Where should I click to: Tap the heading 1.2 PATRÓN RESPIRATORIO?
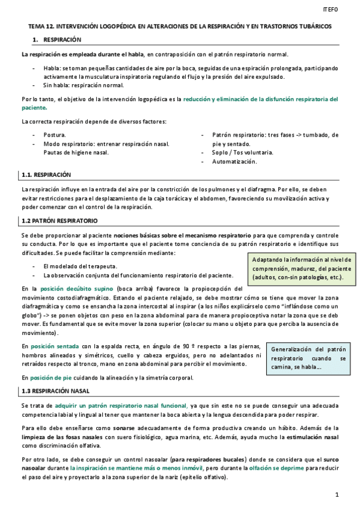coord(59,221)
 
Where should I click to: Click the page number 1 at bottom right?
coord(337,494)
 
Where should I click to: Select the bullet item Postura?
coord(55,135)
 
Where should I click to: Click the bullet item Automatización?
coord(234,162)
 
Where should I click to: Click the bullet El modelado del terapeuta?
coord(81,266)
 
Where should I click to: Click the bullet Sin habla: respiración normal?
coord(84,85)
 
